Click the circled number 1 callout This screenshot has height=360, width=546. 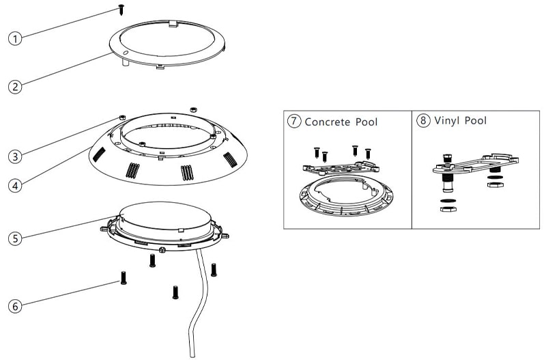(15, 38)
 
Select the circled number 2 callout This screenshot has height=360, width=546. (15, 87)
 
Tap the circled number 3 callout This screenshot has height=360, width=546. (15, 156)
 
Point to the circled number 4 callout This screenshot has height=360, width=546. (15, 186)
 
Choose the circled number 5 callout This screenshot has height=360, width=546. (15, 238)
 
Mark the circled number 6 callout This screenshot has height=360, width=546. (15, 306)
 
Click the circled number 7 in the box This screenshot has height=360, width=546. (294, 121)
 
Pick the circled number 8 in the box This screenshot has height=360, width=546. (423, 121)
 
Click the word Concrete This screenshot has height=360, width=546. (328, 122)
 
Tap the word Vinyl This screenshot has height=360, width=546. (447, 121)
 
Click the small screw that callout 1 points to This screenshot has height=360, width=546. (121, 9)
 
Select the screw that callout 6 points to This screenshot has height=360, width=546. (124, 278)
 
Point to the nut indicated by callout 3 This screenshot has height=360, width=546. (122, 117)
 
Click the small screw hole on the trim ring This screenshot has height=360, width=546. (126, 53)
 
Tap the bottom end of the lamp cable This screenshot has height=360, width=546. (192, 356)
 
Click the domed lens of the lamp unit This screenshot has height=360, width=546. (165, 216)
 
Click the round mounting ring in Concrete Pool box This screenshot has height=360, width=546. (346, 209)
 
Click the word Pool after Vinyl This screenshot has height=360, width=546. (476, 121)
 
